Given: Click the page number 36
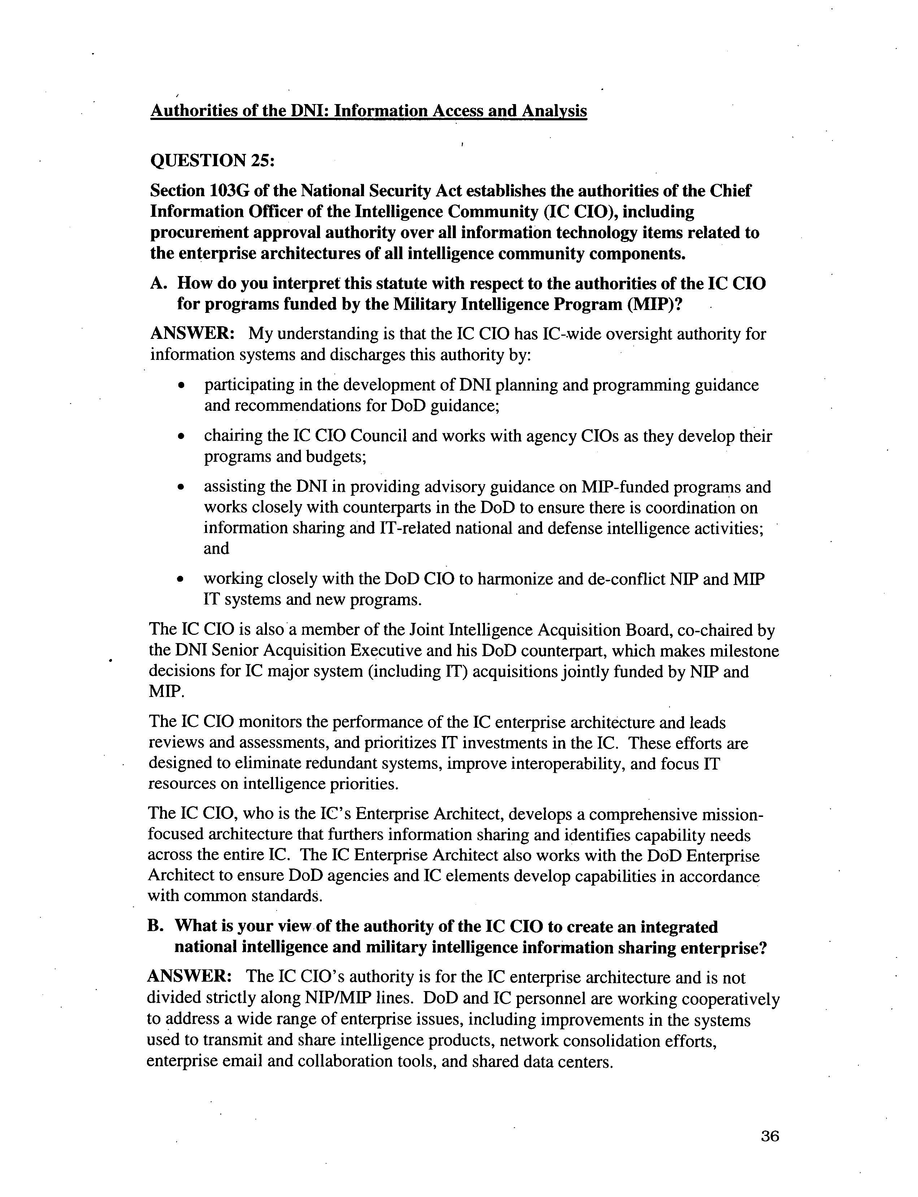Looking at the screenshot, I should [x=769, y=1136].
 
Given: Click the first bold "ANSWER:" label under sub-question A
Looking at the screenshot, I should [x=192, y=333].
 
